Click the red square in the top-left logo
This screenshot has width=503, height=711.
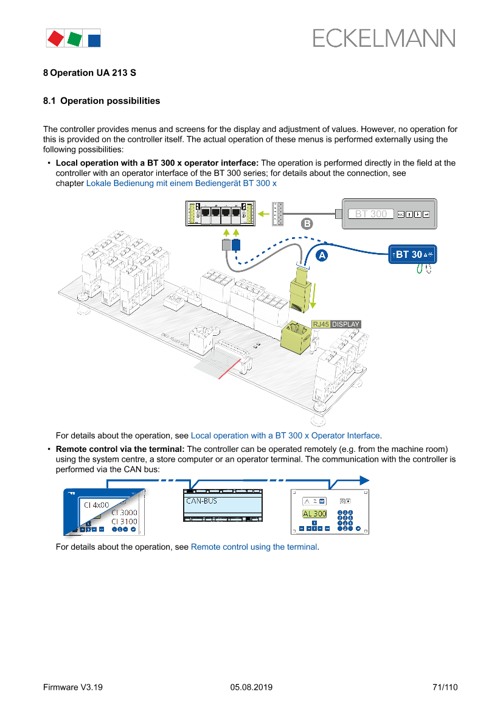pyautogui.click(x=55, y=38)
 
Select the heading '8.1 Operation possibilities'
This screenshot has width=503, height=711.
pyautogui.click(x=102, y=101)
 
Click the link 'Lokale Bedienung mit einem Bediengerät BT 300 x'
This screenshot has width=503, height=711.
pyautogui.click(x=181, y=183)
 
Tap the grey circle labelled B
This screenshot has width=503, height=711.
pyautogui.click(x=308, y=223)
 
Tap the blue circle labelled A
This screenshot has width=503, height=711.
pyautogui.click(x=321, y=255)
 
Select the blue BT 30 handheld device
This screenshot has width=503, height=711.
pyautogui.click(x=412, y=254)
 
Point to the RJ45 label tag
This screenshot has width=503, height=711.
pyautogui.click(x=321, y=324)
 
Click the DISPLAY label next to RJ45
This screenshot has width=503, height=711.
pyautogui.click(x=345, y=324)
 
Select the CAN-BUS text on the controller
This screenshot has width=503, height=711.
pyautogui.click(x=201, y=501)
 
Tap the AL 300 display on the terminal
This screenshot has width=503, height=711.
pyautogui.click(x=314, y=514)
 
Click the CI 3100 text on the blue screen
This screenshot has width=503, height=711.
pyautogui.click(x=123, y=521)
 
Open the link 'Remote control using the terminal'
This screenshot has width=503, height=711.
pyautogui.click(x=254, y=547)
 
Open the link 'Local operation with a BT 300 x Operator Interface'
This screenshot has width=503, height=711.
pyautogui.click(x=285, y=435)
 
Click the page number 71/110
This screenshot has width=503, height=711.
pyautogui.click(x=445, y=687)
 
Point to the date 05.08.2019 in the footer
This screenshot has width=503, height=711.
pyautogui.click(x=251, y=687)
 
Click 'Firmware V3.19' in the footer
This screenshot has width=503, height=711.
pyautogui.click(x=73, y=687)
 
